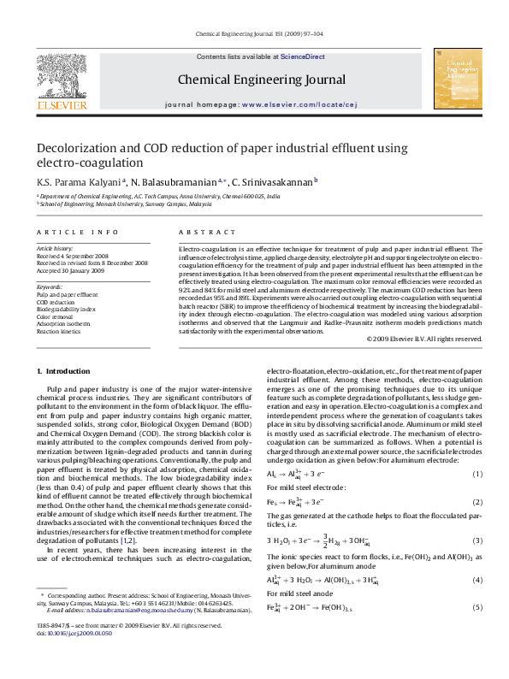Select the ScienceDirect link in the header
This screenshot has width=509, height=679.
[303, 56]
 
